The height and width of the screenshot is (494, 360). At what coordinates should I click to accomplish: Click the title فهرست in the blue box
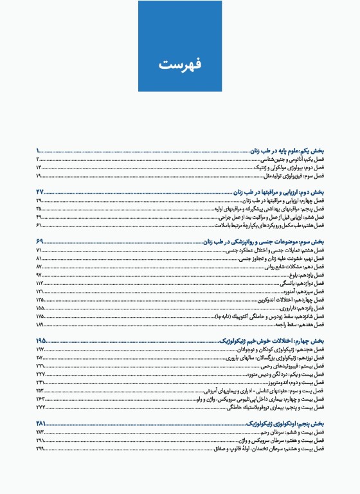click(179, 64)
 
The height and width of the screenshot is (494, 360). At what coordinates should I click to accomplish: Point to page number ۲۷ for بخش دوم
click(40, 192)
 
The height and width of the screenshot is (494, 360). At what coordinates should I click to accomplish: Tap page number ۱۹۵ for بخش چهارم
click(41, 340)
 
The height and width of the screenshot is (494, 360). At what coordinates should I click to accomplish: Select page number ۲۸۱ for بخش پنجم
click(41, 422)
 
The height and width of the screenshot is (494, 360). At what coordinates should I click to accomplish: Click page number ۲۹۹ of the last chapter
click(40, 448)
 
